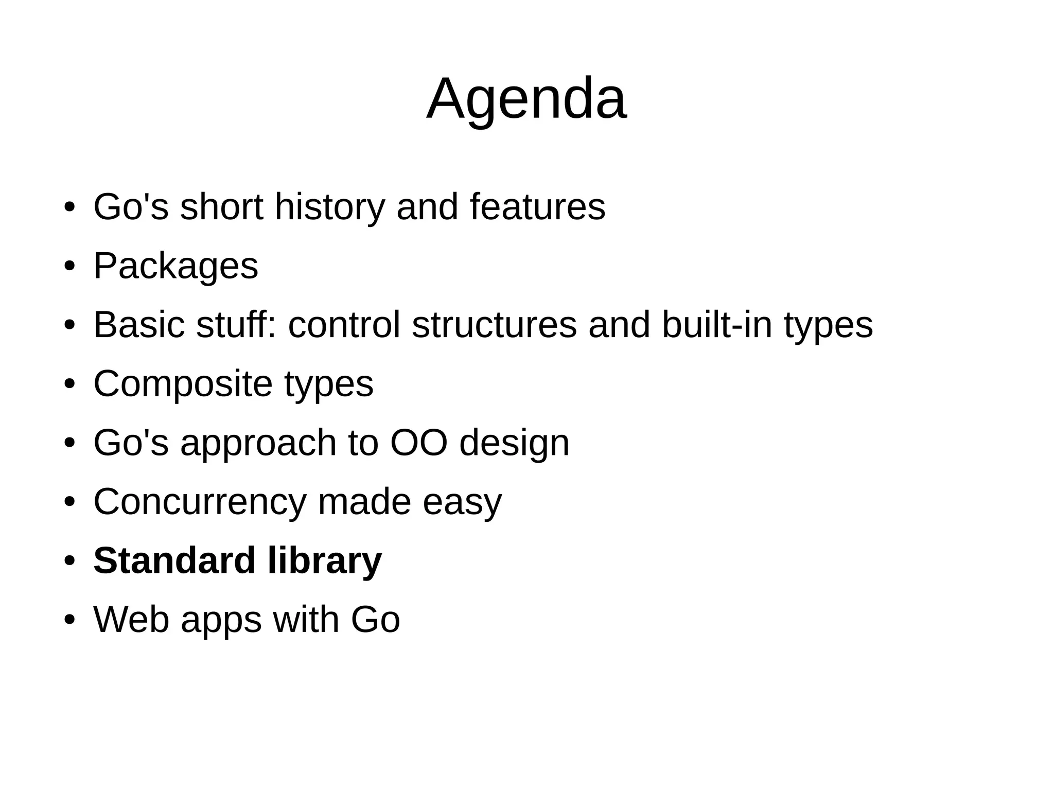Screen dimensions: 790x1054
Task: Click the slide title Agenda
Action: click(x=526, y=99)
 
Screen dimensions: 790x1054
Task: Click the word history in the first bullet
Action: click(x=329, y=207)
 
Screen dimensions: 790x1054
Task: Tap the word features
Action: click(x=537, y=207)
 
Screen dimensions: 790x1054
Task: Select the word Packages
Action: click(x=175, y=267)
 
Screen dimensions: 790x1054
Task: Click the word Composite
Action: click(x=183, y=384)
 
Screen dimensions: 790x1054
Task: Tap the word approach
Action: click(x=258, y=444)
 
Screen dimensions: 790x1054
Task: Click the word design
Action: click(x=514, y=444)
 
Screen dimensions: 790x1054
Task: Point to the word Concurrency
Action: click(x=200, y=502)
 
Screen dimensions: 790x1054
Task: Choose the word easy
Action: click(x=462, y=503)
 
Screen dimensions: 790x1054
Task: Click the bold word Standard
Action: click(x=174, y=560)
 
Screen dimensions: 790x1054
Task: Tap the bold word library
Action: click(x=325, y=561)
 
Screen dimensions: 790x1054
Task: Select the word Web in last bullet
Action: click(x=131, y=620)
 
